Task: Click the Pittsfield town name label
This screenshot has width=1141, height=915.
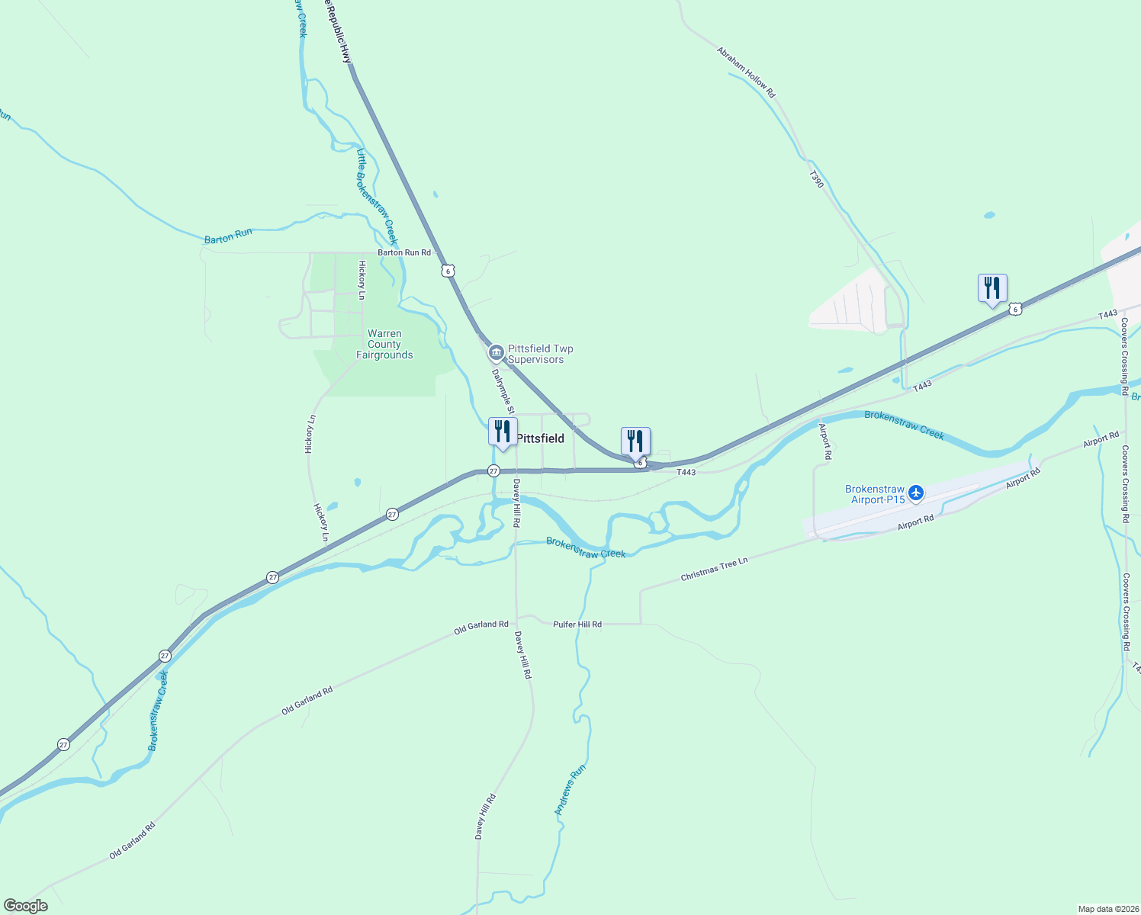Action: [x=541, y=438]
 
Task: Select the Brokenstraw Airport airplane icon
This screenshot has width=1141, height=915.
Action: [x=916, y=493]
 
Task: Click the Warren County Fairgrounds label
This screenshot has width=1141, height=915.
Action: [x=384, y=345]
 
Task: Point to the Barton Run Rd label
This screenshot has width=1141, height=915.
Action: [x=404, y=252]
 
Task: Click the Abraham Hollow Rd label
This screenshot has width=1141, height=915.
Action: [x=746, y=72]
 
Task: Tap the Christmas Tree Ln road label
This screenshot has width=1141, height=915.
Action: [x=714, y=570]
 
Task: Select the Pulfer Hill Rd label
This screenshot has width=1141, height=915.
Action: [x=577, y=624]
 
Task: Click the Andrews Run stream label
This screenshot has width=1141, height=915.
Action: [x=570, y=789]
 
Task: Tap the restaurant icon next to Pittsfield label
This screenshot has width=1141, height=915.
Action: [x=503, y=432]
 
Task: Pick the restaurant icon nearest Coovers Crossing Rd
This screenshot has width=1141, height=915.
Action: [x=992, y=289]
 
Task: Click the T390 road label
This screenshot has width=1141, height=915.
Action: [x=816, y=179]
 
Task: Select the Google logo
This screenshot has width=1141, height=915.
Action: [x=25, y=906]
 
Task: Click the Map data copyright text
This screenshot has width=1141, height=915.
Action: [x=1107, y=909]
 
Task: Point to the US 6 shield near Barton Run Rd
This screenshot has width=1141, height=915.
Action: [x=448, y=271]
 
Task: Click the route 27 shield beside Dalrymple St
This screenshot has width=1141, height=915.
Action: [x=493, y=470]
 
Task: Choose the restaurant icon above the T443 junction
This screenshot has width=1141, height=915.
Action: [x=635, y=441]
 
